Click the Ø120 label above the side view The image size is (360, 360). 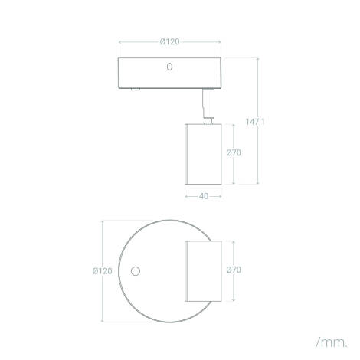[x=169, y=42]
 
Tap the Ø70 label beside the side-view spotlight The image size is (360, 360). [x=234, y=152]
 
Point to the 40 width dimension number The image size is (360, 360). [x=204, y=196]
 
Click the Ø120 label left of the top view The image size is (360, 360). [x=102, y=270]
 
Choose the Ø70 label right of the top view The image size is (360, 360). [x=234, y=270]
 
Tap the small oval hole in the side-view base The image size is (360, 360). [x=169, y=67]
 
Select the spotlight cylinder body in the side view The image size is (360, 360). [x=203, y=152]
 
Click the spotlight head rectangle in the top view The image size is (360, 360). [x=203, y=270]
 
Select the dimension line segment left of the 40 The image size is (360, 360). [x=191, y=196]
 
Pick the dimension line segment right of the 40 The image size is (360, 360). [x=216, y=196]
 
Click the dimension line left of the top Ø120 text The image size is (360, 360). [x=138, y=42]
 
